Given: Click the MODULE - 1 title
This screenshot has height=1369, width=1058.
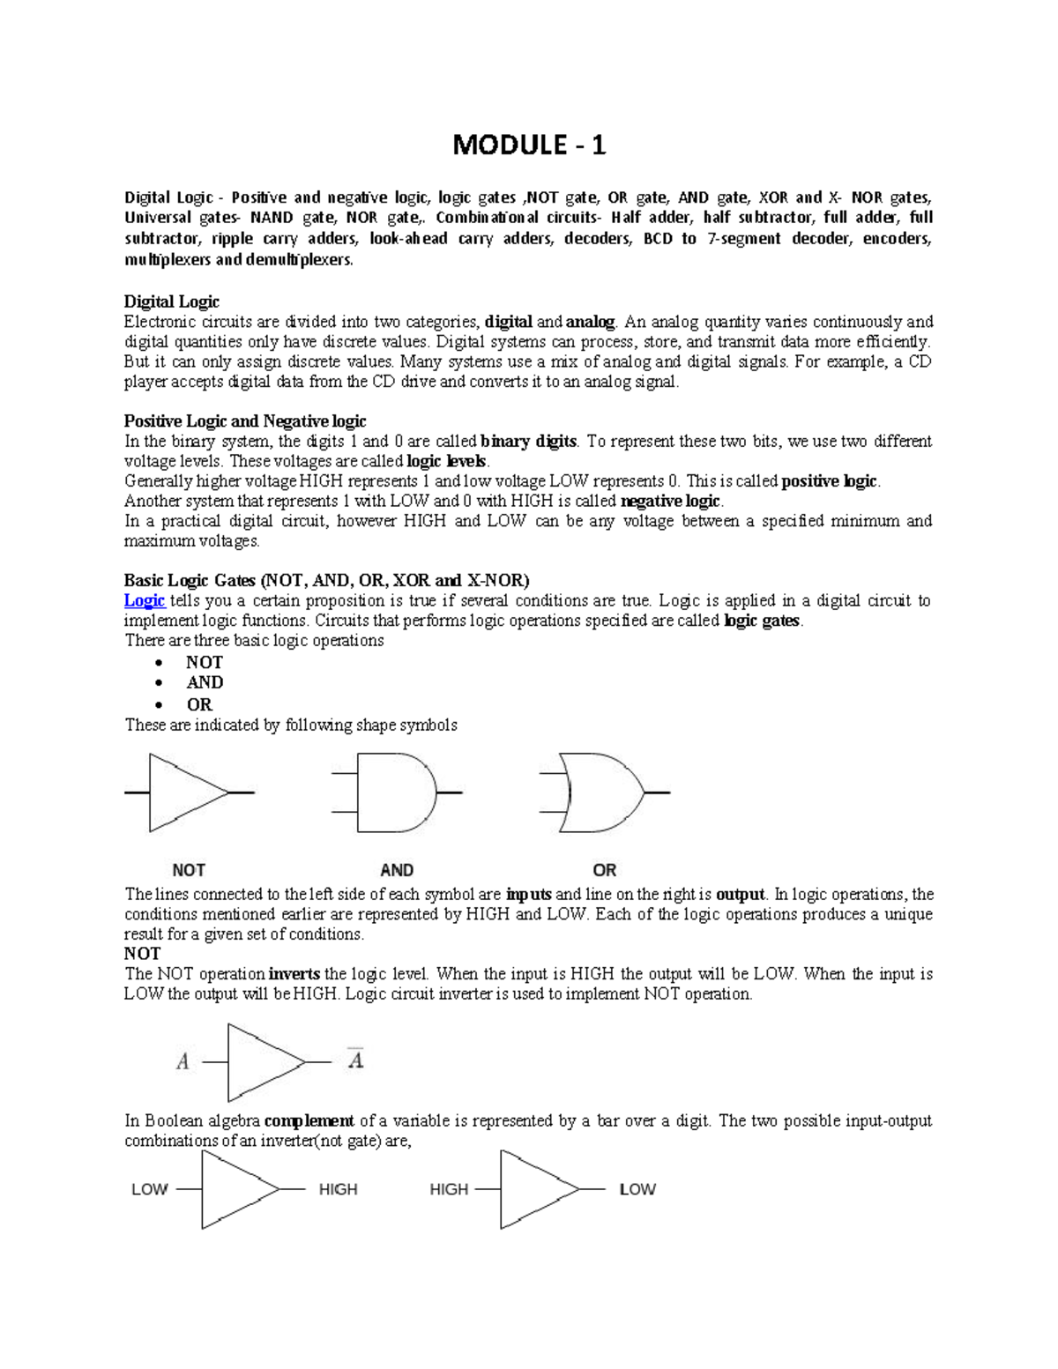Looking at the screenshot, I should pos(528,145).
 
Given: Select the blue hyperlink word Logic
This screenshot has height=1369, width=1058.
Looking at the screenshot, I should pos(145,600).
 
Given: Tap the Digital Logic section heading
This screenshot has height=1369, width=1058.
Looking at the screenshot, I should pos(171,301).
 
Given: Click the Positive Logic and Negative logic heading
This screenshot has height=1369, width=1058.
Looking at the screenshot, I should pos(244,420).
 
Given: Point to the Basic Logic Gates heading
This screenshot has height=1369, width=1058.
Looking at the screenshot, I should pos(326,580).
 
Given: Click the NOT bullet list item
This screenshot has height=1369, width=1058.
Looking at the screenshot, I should pos(204,662).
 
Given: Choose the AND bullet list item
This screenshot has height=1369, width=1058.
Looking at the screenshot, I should pos(205,682).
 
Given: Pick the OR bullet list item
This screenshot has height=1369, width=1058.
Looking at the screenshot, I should pos(199,704).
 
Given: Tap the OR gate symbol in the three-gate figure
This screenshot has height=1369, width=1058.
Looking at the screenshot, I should pos(604,792).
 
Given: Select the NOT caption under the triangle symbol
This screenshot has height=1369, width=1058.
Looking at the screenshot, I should pos(189,870).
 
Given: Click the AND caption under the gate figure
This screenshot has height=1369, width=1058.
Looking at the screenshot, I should pos(397,870).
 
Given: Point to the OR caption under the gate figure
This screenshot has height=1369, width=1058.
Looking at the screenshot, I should pos(604,870).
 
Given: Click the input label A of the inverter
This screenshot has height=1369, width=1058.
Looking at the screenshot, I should pos(183,1062).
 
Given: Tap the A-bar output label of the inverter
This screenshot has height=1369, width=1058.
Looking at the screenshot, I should pos(355,1059).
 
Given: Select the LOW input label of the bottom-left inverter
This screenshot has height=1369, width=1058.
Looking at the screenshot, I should pos(149,1189).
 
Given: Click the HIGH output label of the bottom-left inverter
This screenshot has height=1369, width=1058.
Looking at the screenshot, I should pos(338,1189).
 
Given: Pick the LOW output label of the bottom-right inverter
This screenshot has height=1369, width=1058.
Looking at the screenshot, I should pos(637,1189).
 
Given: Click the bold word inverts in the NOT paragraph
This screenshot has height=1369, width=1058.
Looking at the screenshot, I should pos(294,974).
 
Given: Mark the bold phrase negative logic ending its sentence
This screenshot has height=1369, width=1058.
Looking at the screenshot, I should pos(671,502).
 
